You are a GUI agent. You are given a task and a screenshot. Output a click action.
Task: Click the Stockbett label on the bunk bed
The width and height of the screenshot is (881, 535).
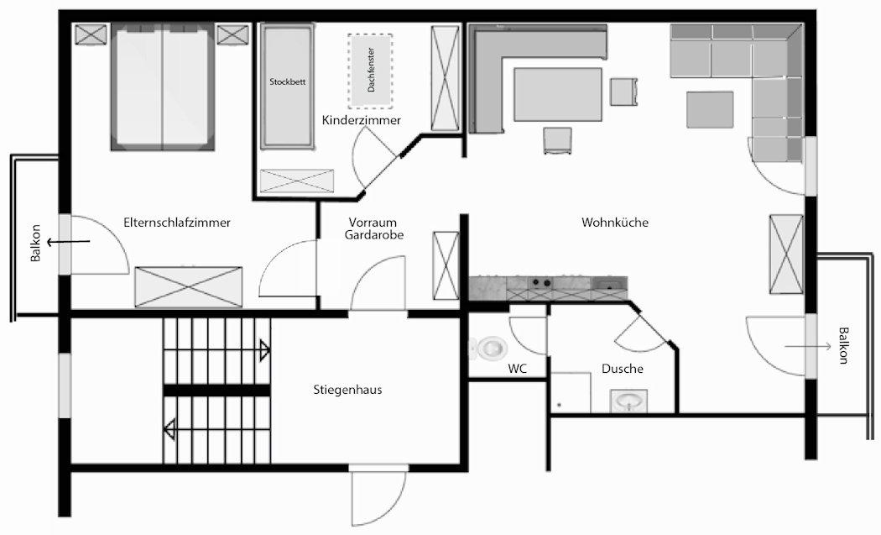(288, 81)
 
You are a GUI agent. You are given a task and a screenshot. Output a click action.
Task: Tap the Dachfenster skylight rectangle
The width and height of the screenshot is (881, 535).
(370, 71)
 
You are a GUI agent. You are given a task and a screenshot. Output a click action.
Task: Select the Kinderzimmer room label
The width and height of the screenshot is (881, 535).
(362, 120)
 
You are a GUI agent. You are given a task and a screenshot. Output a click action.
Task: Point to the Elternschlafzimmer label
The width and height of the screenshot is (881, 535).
(177, 223)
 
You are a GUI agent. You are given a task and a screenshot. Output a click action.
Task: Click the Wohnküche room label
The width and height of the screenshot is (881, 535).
(615, 223)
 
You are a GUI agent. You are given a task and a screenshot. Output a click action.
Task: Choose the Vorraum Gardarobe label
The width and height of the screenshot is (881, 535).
(373, 228)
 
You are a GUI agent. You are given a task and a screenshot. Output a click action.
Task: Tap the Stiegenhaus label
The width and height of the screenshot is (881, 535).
(348, 390)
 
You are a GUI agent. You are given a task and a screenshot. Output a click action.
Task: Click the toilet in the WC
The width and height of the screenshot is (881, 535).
(488, 349)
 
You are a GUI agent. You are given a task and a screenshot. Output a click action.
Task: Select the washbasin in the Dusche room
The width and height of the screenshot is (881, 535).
(628, 401)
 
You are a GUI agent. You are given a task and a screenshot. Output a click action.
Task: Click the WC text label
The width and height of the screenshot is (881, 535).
(518, 369)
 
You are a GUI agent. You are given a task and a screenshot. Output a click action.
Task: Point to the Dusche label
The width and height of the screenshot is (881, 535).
(623, 369)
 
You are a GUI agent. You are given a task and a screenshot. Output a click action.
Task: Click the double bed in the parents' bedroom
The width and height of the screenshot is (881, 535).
(163, 87)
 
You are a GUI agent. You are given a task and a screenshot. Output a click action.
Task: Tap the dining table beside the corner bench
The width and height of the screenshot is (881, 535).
(557, 95)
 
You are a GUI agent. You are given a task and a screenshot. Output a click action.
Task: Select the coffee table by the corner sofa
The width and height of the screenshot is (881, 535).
(710, 110)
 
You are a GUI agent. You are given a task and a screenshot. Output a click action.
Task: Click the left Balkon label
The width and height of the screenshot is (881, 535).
(36, 244)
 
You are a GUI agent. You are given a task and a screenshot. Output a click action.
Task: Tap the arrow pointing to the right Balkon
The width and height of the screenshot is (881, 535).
(808, 347)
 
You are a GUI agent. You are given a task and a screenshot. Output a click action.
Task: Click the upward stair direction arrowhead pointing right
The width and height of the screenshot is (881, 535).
(264, 350)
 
